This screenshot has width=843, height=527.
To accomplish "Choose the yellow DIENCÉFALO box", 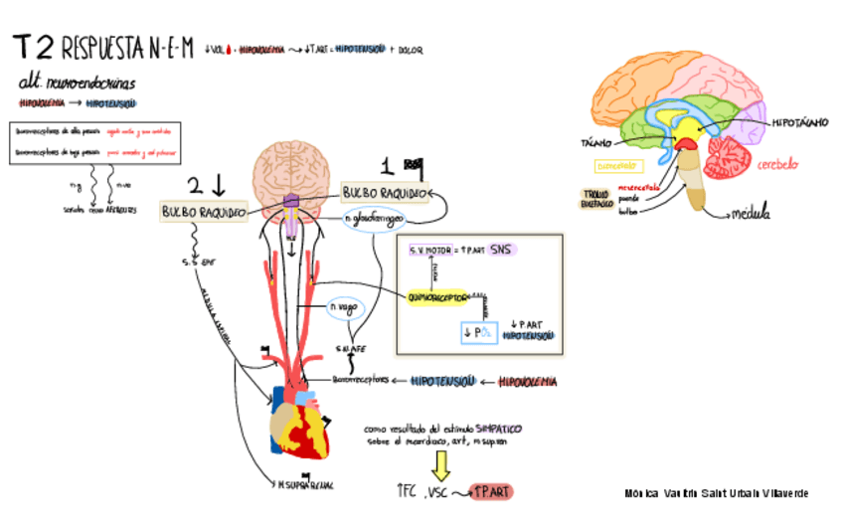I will tap(620, 166).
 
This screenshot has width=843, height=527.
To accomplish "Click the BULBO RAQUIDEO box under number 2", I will tap(204, 212).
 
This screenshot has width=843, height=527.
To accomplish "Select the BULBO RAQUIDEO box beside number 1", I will tap(385, 191).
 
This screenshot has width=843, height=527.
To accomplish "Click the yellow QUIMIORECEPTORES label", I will tap(437, 296).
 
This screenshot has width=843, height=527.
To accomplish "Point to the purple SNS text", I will tap(504, 251).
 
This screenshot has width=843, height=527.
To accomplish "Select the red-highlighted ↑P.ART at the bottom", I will tap(492, 492).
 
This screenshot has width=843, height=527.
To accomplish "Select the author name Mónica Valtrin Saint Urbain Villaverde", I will tap(716, 493).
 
